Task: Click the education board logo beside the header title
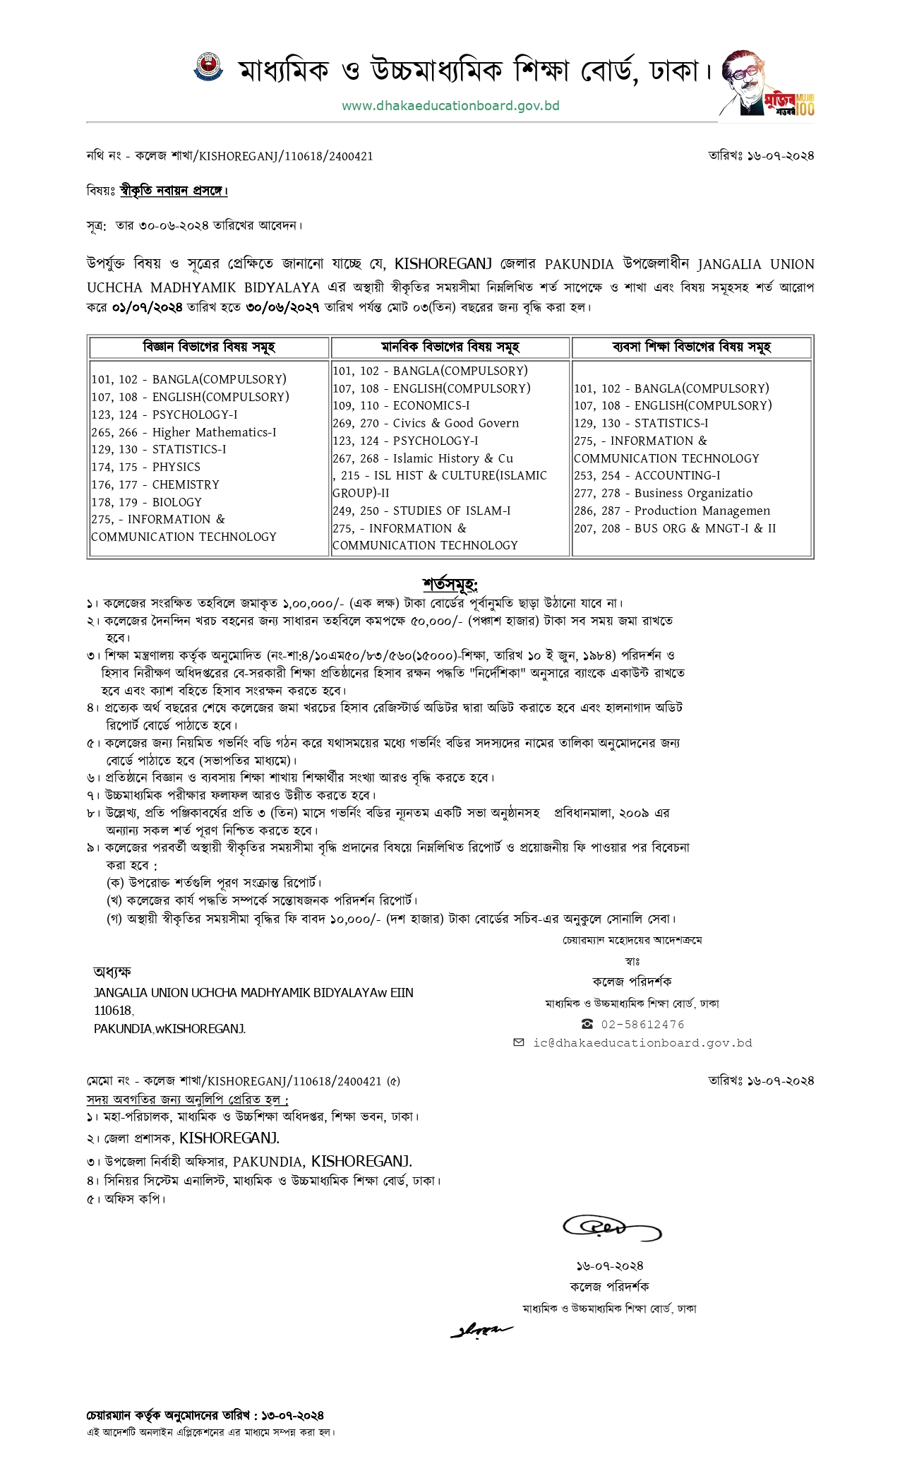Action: coord(208,68)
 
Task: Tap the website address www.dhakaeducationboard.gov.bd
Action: coord(450,106)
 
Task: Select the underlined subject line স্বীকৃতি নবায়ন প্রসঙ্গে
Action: coord(174,191)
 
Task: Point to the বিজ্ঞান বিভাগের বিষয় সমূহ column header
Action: coord(208,347)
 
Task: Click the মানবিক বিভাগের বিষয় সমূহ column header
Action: coord(450,347)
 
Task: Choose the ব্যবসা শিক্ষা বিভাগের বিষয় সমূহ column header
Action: coord(692,347)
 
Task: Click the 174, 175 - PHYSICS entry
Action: coord(146,467)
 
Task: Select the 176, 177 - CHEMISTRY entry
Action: coord(155,484)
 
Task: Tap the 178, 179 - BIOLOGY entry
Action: coord(147,502)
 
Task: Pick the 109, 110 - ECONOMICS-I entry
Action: coord(401,405)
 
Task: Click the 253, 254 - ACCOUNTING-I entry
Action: coord(647,475)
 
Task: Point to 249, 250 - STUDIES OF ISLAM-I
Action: coord(421,511)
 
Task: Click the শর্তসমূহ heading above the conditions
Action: coord(450,585)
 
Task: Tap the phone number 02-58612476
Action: coord(642,1024)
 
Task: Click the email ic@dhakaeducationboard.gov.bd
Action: coord(642,1043)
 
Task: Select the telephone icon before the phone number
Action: coord(587,1024)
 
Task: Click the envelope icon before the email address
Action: coord(519,1042)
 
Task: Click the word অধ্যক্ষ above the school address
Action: coord(112,972)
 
